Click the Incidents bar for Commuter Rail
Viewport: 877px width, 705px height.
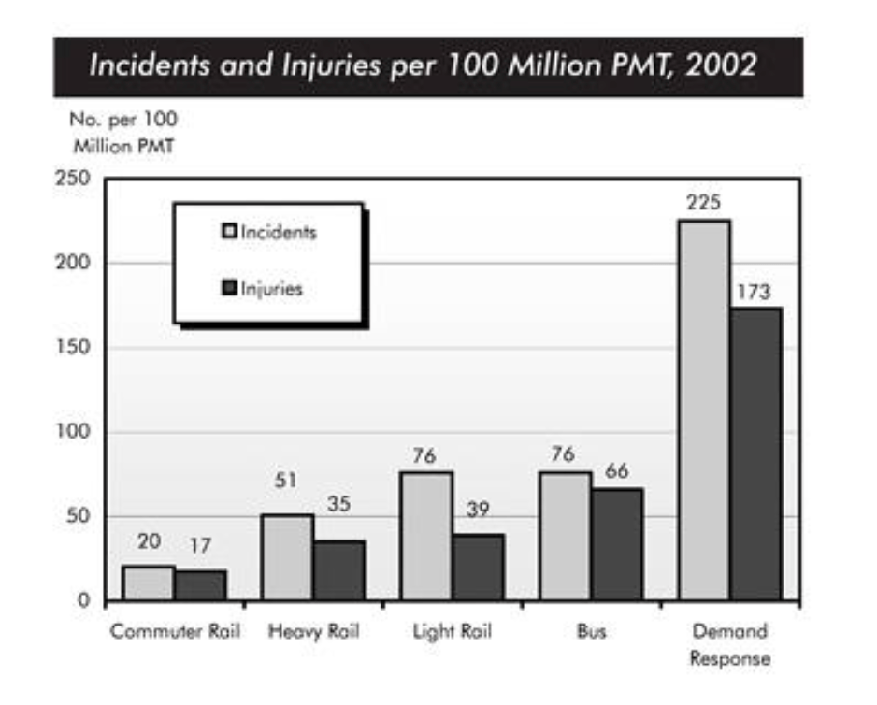[x=148, y=583]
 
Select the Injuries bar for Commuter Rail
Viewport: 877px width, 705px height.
[x=200, y=584]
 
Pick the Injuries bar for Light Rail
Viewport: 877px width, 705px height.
[x=478, y=567]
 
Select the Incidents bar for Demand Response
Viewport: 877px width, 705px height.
[x=705, y=410]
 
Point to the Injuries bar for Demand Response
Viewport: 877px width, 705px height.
[x=755, y=453]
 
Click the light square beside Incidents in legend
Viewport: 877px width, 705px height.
[x=228, y=231]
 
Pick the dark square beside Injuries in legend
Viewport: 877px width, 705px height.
[x=228, y=288]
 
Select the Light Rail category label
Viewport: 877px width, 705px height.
[x=453, y=631]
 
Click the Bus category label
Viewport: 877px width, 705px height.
[x=591, y=631]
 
